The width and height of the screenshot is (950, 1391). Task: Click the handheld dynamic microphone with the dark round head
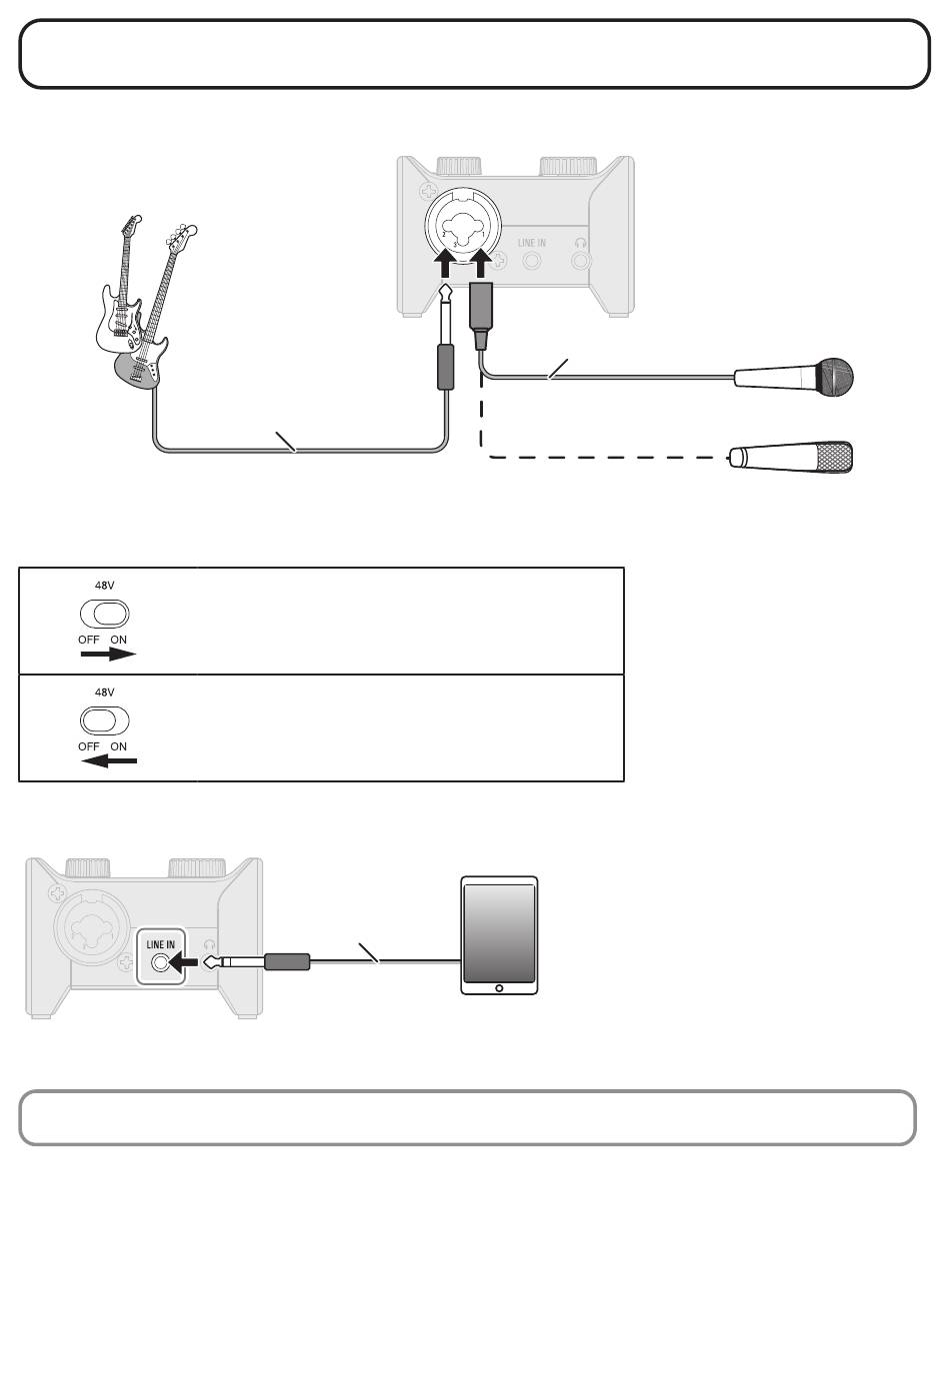coord(793,377)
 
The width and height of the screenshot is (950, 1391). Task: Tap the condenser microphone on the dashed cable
coord(790,457)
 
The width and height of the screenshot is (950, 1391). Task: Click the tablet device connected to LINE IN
coord(499,935)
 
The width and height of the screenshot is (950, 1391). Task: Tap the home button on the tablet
coord(499,988)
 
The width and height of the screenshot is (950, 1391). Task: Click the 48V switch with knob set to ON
coord(104,614)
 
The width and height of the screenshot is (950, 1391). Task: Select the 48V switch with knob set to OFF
coord(104,720)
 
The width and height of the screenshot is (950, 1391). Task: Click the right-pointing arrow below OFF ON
coord(108,654)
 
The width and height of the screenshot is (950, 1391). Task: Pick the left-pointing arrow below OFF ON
coord(108,760)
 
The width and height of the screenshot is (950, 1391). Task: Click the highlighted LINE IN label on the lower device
coord(160,944)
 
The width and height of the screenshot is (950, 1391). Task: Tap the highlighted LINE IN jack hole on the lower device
coord(160,963)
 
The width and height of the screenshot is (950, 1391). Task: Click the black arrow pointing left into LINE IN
coord(184,963)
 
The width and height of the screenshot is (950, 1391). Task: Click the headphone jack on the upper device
coord(580,260)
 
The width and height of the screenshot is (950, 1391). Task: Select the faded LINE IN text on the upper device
coord(532,243)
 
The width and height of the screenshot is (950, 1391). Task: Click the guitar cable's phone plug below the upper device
coord(445,336)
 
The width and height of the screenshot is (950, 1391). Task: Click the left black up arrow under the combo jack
coord(444,263)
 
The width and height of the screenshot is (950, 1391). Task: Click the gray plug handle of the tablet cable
coord(287,962)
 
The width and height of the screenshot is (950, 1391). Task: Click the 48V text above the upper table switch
coord(104,585)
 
